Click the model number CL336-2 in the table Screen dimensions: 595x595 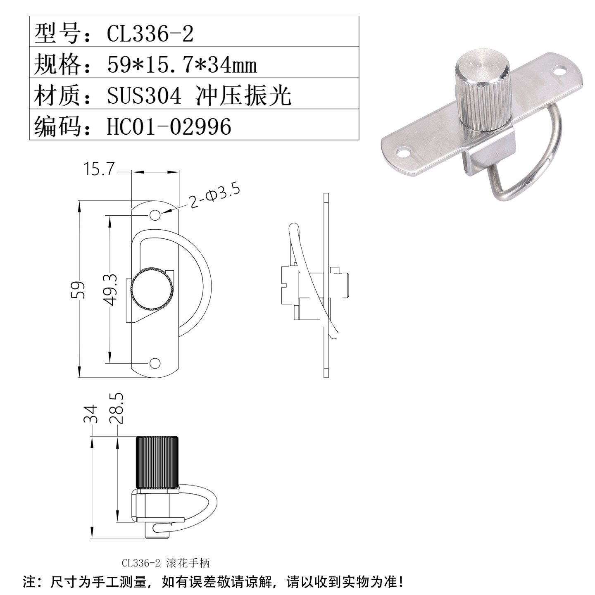[x=150, y=33]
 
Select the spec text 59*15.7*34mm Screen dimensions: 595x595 [x=182, y=65]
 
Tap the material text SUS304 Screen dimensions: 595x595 [x=144, y=96]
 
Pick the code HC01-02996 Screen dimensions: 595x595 [x=169, y=126]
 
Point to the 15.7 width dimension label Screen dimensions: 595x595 [x=98, y=169]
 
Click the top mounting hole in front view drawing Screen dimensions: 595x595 [x=155, y=215]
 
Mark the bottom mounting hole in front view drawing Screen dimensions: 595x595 [x=155, y=363]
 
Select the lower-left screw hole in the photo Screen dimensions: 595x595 [x=403, y=153]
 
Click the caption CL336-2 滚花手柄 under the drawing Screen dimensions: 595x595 [x=166, y=563]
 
